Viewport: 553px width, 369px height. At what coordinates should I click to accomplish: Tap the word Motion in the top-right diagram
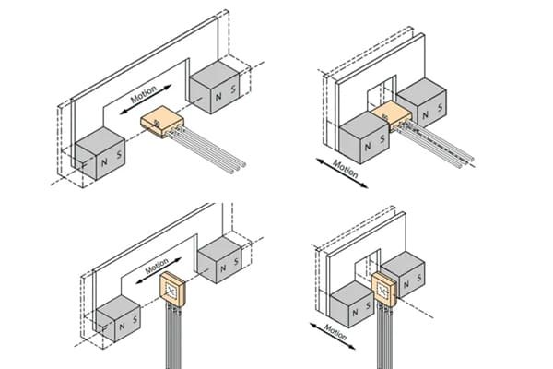pyautogui.click(x=345, y=171)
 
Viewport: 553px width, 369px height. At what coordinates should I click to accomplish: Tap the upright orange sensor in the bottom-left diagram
pyautogui.click(x=171, y=289)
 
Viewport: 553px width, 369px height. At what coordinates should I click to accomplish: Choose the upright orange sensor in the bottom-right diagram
pyautogui.click(x=385, y=290)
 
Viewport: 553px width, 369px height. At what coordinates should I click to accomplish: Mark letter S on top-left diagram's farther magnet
pyautogui.click(x=234, y=95)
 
